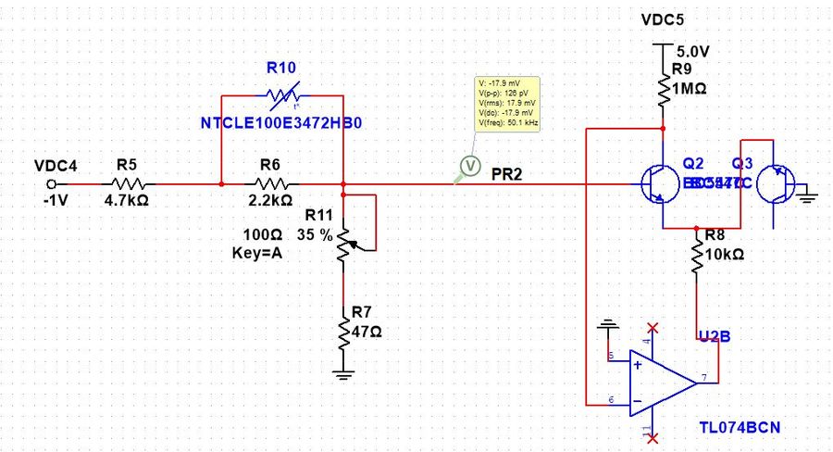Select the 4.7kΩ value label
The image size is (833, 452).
tap(127, 199)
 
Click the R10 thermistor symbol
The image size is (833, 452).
tap(281, 94)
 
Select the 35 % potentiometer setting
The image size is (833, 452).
tap(314, 235)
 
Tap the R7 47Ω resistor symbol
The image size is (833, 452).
tap(343, 331)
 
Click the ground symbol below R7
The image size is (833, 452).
tap(343, 374)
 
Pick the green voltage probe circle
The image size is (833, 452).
tap(468, 166)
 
